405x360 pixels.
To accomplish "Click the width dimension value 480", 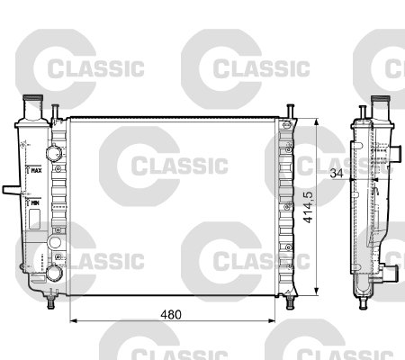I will pyautogui.click(x=170, y=315).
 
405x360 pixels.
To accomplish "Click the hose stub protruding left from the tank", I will pyautogui.click(x=9, y=190).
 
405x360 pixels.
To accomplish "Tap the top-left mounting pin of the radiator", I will pyautogui.click(x=55, y=110).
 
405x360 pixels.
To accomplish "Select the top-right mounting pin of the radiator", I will pyautogui.click(x=290, y=110).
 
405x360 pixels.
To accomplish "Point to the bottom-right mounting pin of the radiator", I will pyautogui.click(x=290, y=302).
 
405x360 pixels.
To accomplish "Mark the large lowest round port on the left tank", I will pyautogui.click(x=54, y=272).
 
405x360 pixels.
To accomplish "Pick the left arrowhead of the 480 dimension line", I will pyautogui.click(x=73, y=321).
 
